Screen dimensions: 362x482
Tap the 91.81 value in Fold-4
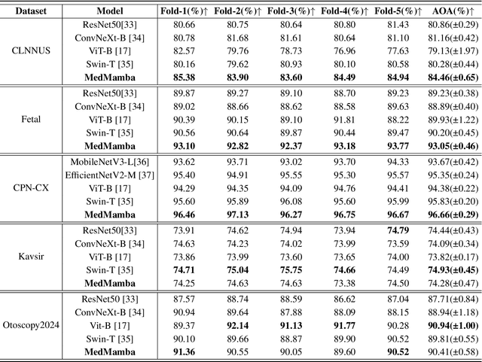click(345, 119)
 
